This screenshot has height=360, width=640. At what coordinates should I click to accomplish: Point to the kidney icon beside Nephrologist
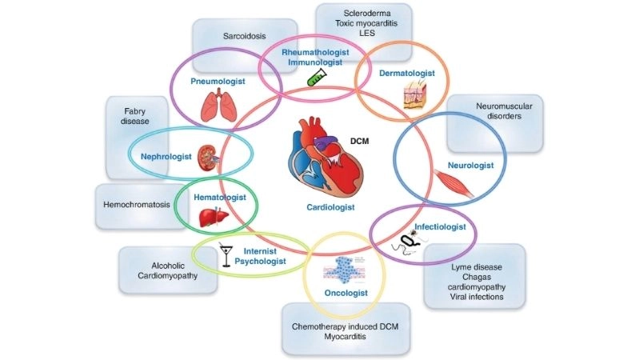click(209, 154)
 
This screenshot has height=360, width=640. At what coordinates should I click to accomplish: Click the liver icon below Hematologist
click(209, 217)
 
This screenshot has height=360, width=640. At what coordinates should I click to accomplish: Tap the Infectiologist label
click(438, 227)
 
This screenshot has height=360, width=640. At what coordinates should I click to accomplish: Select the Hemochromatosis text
click(137, 205)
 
